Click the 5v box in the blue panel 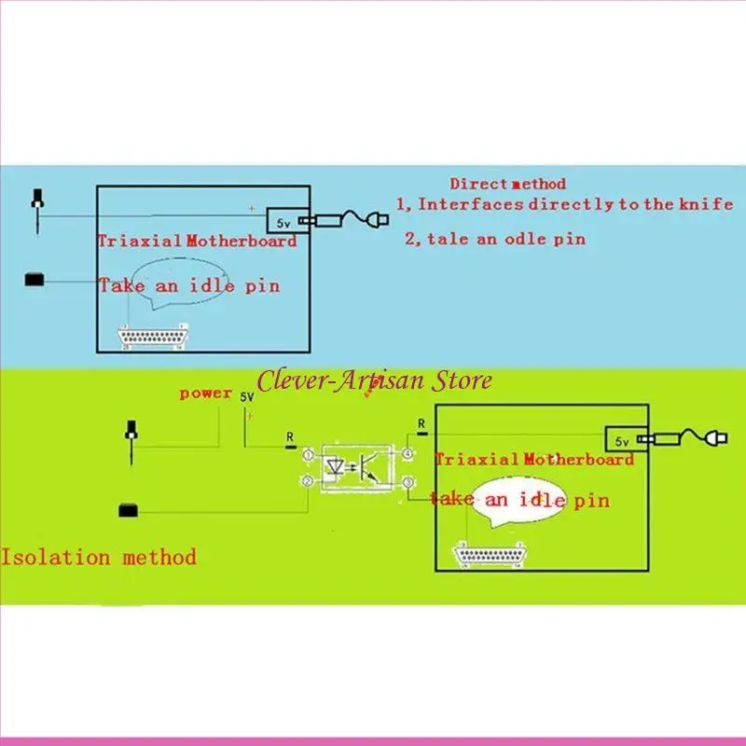(282, 222)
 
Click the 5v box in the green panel (620, 439)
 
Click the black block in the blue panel (36, 279)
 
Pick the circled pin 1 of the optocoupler (309, 454)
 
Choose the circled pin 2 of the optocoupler (309, 480)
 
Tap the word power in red (206, 394)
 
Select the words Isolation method (99, 558)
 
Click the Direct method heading (507, 184)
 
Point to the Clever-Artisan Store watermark (374, 380)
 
